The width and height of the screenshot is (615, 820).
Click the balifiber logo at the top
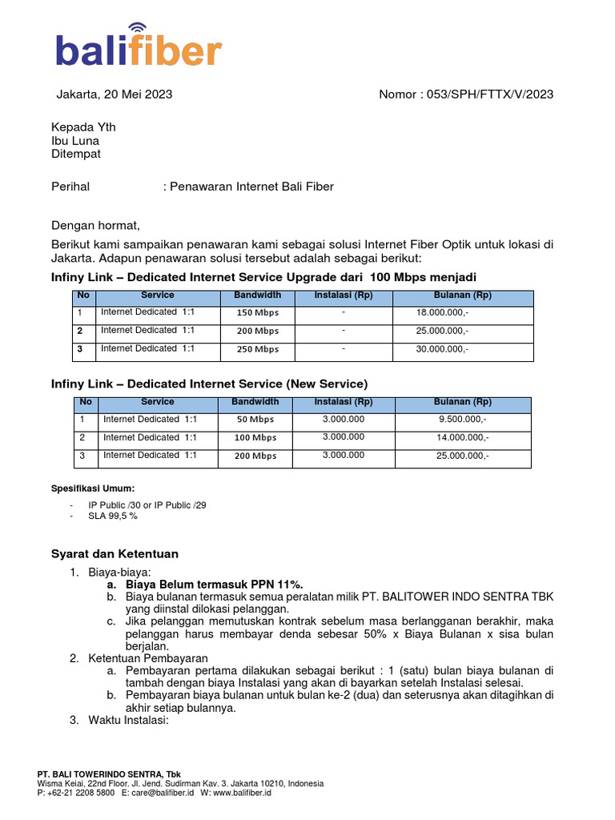(138, 50)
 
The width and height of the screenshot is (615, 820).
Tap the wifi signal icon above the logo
(138, 30)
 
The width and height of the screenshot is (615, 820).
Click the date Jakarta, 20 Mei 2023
(114, 94)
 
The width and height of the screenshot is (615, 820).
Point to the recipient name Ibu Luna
(75, 140)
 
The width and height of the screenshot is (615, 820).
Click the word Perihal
(70, 187)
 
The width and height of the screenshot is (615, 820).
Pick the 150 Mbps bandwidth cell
(257, 313)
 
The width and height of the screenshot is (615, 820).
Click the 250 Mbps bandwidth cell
(257, 349)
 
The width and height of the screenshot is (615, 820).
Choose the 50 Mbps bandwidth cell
(255, 420)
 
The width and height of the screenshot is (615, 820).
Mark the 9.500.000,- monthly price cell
(462, 420)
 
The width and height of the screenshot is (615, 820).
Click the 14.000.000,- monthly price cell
(462, 437)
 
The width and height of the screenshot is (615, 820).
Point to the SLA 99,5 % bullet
(113, 517)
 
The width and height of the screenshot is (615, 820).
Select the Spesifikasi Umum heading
(93, 488)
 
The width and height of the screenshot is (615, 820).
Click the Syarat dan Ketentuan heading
(115, 554)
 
